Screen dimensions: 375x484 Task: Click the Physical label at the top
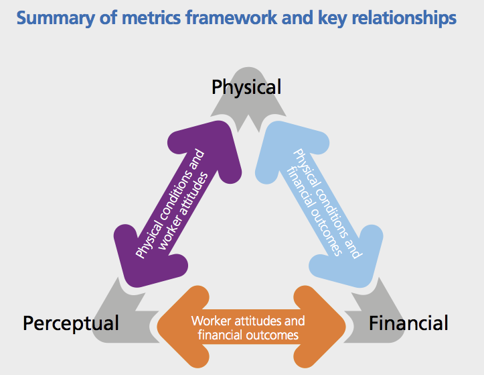tap(246, 87)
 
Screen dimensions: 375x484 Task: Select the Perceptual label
tap(71, 323)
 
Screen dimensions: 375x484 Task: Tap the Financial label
tap(408, 323)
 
